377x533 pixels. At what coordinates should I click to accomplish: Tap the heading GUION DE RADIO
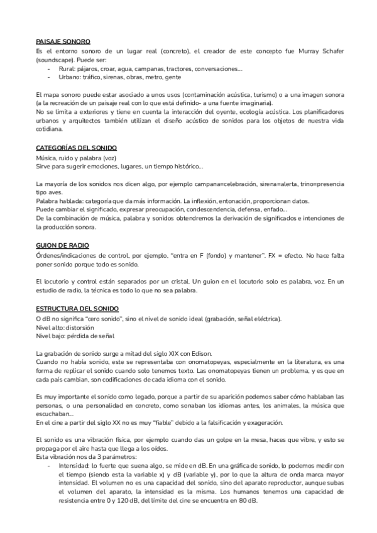pyautogui.click(x=62, y=245)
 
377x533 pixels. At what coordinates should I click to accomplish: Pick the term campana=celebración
pyautogui.click(x=219, y=184)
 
